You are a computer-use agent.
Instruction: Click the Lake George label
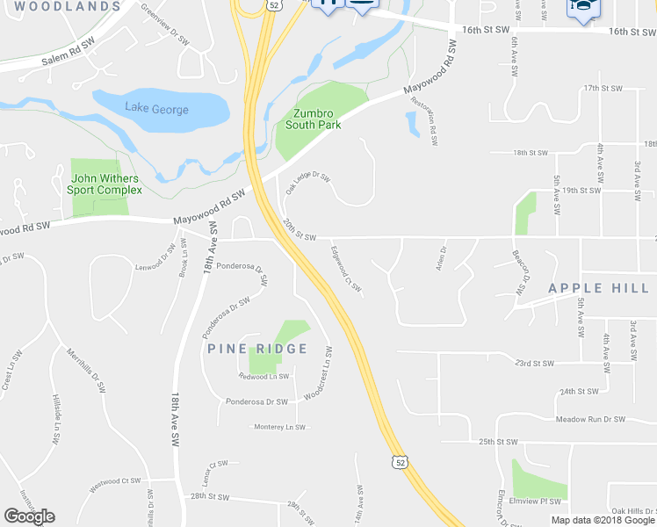(x=156, y=110)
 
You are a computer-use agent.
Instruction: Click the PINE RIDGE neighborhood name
(x=257, y=349)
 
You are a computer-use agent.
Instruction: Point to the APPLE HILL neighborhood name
(x=598, y=288)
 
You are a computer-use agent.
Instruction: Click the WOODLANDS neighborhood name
(x=68, y=6)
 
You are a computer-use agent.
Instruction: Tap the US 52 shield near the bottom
(x=401, y=461)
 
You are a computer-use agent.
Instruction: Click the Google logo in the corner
(x=29, y=516)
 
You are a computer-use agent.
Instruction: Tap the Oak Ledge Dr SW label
(x=307, y=182)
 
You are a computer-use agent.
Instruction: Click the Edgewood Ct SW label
(x=346, y=271)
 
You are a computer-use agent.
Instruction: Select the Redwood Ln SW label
(x=264, y=376)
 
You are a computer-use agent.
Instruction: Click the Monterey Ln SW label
(x=280, y=428)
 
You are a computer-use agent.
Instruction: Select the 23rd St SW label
(x=534, y=363)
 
